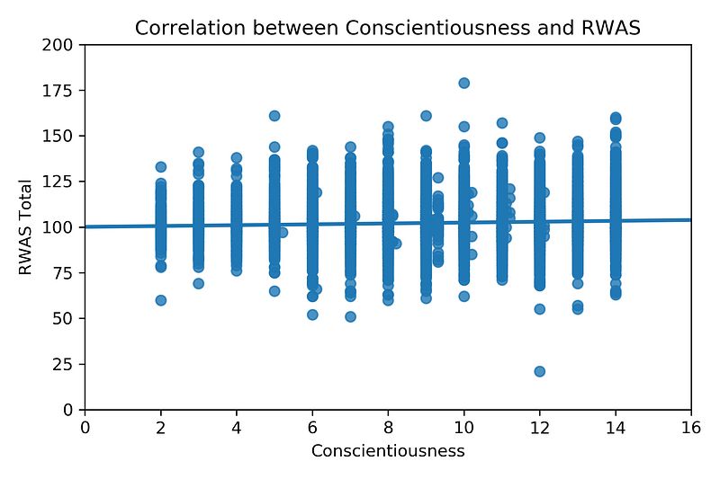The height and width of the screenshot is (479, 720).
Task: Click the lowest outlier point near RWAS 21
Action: point(540,371)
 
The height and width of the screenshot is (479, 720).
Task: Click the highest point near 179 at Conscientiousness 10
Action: point(464,83)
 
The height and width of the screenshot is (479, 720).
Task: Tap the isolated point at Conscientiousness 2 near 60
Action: point(161,300)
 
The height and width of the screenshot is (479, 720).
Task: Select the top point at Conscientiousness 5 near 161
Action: point(274,116)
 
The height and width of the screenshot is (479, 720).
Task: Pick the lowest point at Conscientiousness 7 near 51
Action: point(350,316)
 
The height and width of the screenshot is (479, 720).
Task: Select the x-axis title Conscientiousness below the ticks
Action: point(388,451)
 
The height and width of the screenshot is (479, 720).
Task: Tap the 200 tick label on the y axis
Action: point(64,45)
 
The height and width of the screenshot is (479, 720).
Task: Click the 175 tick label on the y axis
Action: point(64,91)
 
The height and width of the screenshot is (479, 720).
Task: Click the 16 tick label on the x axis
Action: point(691,427)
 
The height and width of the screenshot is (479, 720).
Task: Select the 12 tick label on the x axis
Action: point(540,427)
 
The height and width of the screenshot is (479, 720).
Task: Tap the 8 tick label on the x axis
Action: point(388,427)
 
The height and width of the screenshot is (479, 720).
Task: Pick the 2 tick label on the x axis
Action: point(161,427)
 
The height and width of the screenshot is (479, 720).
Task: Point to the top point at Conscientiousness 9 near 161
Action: point(426,116)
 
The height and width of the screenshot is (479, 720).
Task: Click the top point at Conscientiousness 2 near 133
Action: point(161,167)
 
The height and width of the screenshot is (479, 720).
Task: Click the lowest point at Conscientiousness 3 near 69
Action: point(199,283)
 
